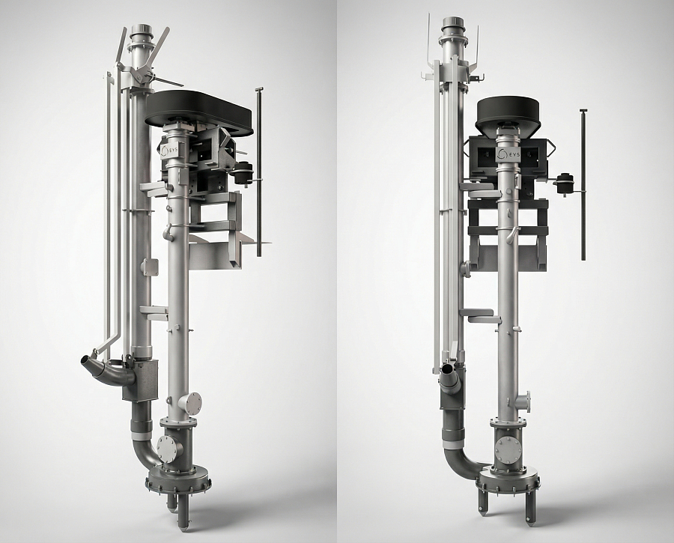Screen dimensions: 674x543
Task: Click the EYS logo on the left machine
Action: [168, 151]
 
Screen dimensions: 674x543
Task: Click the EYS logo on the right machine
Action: [508, 154]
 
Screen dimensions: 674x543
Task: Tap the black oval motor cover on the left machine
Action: [199, 112]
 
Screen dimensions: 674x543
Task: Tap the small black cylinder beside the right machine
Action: [563, 183]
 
